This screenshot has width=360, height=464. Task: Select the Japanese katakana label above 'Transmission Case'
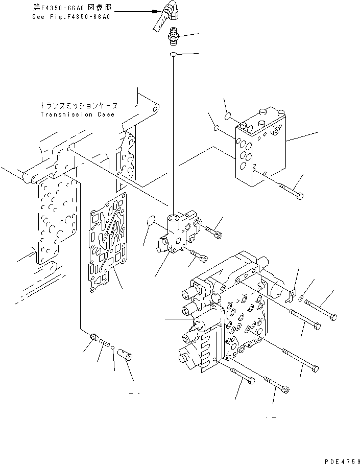click(79, 106)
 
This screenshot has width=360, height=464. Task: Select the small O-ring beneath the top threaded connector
click(174, 54)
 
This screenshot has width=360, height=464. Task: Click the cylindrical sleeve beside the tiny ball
click(125, 354)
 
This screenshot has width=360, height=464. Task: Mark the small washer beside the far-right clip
click(303, 298)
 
